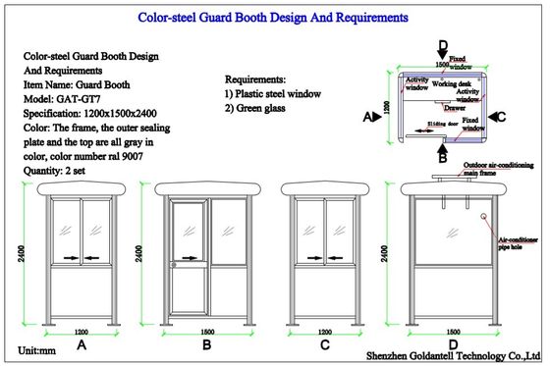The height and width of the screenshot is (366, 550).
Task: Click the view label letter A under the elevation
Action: [x=82, y=346]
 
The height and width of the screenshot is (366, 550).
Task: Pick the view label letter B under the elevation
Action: [x=206, y=346]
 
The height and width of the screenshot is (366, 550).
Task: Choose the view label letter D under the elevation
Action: [x=453, y=346]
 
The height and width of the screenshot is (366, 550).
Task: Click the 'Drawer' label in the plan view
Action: [x=455, y=108]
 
